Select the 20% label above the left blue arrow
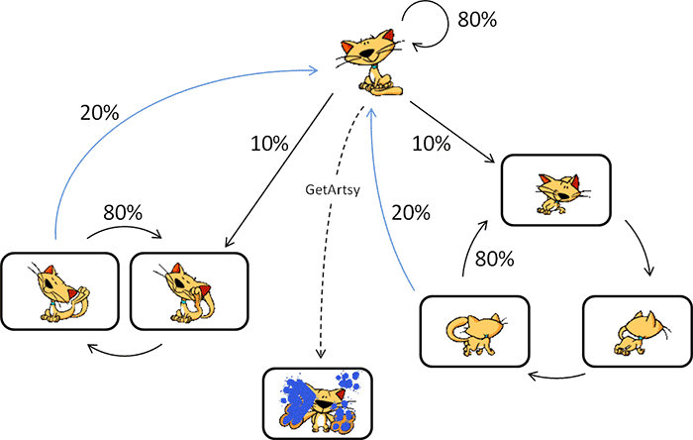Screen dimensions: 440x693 coord(99,112)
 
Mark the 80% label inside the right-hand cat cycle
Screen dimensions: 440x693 coord(494,260)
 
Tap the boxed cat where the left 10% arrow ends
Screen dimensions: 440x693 coord(187,290)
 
